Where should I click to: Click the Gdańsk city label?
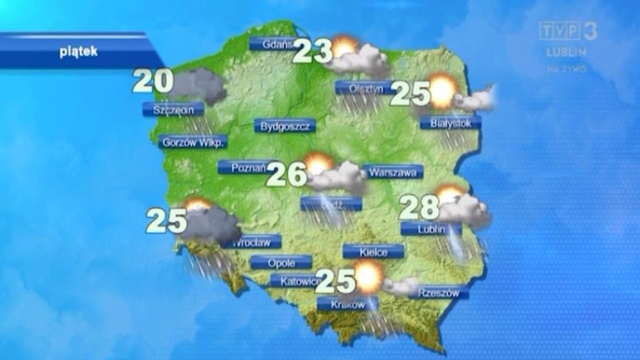(x=275, y=44)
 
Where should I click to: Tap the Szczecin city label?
(x=173, y=110)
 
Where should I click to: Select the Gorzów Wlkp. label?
(x=193, y=142)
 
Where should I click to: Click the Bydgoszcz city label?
(x=284, y=127)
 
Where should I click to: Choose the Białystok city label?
(x=451, y=123)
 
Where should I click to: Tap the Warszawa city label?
(x=393, y=171)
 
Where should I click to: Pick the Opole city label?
(x=281, y=262)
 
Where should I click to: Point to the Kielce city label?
(x=373, y=251)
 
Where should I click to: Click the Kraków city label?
(x=343, y=305)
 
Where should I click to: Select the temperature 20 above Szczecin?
(x=152, y=82)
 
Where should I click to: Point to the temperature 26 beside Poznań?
(x=287, y=174)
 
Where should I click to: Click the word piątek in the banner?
(x=78, y=51)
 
